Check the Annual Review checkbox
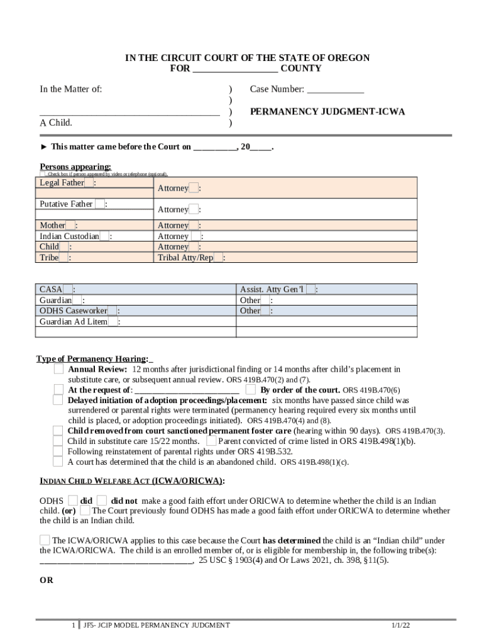(x=58, y=369)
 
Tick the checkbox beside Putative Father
(x=99, y=204)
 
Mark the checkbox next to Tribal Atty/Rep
(x=218, y=258)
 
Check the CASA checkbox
(x=67, y=289)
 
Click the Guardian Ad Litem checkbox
(x=113, y=322)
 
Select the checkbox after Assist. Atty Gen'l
(x=311, y=289)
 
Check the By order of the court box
(x=250, y=390)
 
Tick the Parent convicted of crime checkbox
(x=211, y=441)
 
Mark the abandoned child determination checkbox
(x=57, y=462)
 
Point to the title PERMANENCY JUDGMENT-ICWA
(x=327, y=112)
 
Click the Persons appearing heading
(x=75, y=167)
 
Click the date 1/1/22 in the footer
(x=400, y=626)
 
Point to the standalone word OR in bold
(x=47, y=580)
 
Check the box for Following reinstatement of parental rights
(x=57, y=451)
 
